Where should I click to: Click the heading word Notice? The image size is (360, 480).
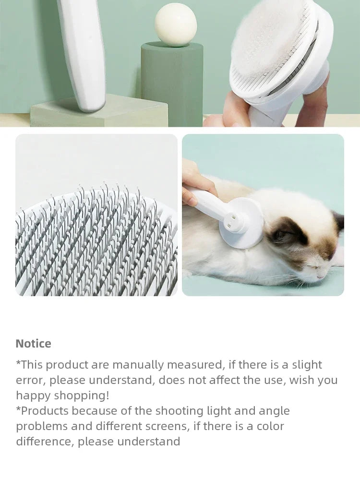33,344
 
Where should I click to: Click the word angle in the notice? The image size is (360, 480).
274,411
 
